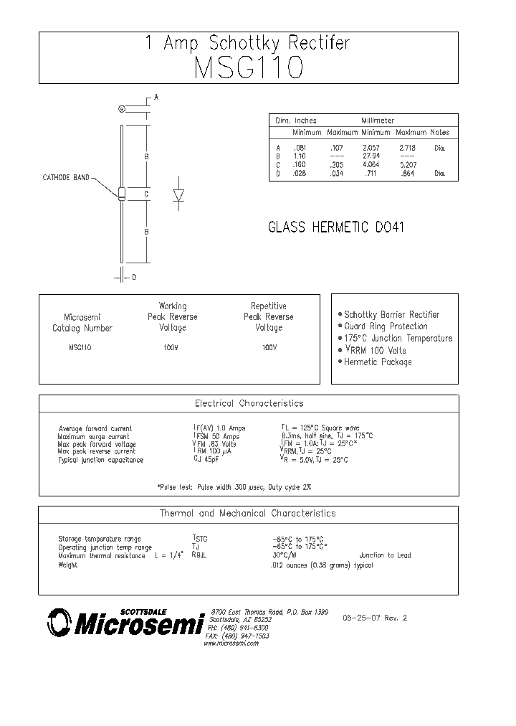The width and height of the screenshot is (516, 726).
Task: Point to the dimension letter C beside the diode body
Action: [145, 194]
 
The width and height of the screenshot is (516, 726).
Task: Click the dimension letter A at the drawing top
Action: [156, 97]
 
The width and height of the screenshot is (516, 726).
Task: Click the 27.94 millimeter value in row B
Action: [371, 156]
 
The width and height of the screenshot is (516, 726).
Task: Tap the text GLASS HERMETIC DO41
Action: [337, 227]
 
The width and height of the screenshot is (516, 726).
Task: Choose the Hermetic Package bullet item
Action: [378, 362]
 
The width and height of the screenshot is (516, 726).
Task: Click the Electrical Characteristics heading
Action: [249, 403]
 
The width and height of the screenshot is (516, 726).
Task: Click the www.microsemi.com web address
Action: [231, 643]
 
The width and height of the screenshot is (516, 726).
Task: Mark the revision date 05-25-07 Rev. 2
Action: [374, 618]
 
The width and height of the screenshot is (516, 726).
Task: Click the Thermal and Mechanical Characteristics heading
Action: [247, 514]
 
